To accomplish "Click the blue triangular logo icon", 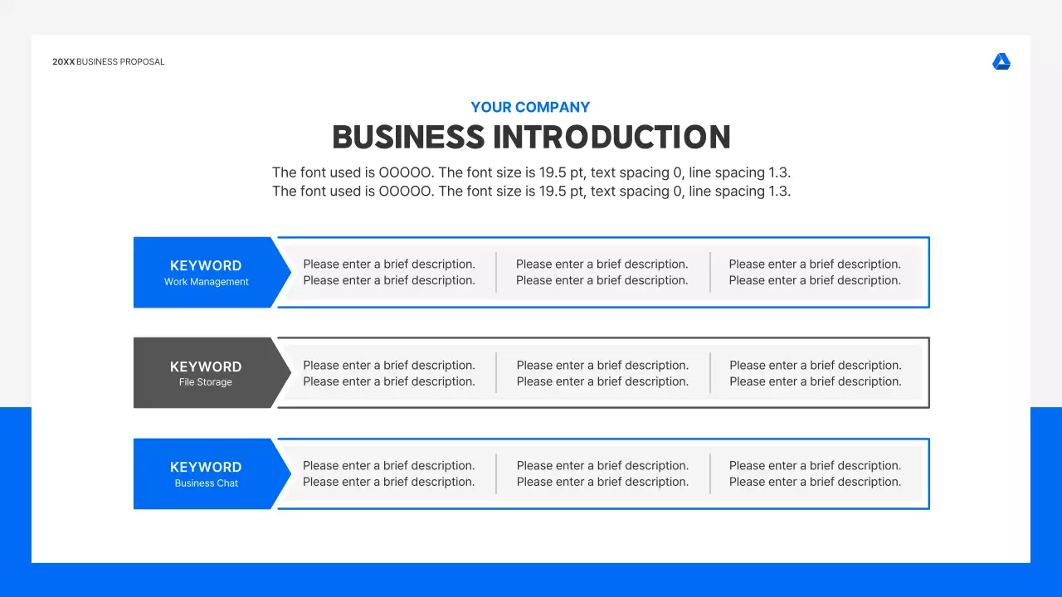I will click(1001, 62).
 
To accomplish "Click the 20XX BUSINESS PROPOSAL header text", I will click(109, 62).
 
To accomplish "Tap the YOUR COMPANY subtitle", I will click(530, 107).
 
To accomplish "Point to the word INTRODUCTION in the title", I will click(612, 138).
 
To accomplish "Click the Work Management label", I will click(207, 282).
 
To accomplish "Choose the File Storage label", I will click(206, 382).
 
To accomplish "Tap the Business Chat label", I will click(207, 483).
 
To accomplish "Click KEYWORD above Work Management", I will click(206, 266).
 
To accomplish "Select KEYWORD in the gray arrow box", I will click(206, 366).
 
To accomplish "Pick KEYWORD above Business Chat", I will click(206, 468).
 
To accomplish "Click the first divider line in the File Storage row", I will click(496, 372).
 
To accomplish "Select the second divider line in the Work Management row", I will click(710, 272).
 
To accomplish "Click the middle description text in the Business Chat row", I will click(602, 473).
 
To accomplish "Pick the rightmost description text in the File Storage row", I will click(816, 373).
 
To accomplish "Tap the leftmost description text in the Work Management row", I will click(389, 272).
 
